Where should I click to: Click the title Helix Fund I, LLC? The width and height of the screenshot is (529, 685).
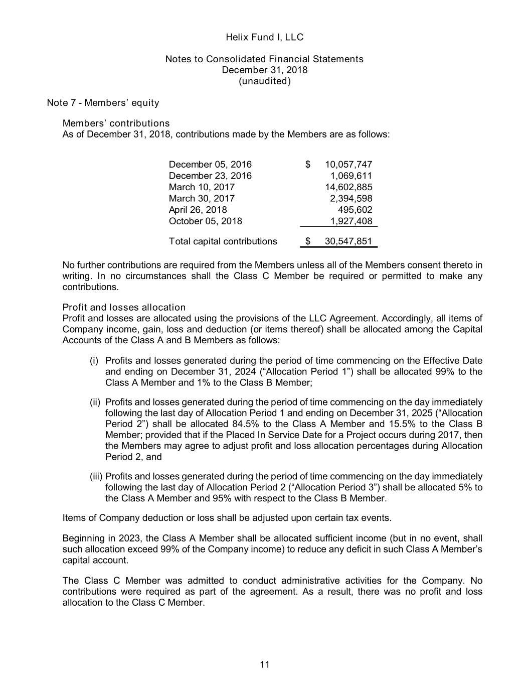point(264,37)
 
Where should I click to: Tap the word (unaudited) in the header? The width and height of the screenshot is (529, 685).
point(264,81)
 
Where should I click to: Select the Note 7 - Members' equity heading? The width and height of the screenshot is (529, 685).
point(103,103)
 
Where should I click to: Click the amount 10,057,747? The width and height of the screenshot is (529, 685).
point(348,165)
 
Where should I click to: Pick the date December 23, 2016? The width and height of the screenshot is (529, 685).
point(210,176)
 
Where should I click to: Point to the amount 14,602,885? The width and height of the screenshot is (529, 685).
point(348,187)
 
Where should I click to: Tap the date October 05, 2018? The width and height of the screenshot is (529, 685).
point(205,221)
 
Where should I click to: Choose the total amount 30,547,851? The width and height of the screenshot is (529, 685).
point(348,241)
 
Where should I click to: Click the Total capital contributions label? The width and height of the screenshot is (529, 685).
point(223,241)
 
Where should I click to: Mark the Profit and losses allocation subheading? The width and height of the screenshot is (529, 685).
point(124,307)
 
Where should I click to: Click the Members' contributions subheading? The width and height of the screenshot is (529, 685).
point(116,123)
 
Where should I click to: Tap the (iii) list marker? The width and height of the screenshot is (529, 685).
point(93,476)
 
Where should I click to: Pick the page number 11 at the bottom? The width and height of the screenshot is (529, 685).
point(265,665)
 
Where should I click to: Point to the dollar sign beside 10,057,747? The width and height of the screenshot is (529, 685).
point(308,165)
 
